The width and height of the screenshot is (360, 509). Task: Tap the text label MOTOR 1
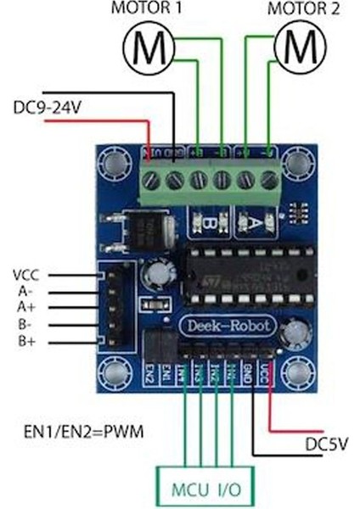[148, 9]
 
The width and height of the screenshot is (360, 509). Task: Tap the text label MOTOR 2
[299, 9]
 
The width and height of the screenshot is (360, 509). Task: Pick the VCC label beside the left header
[26, 275]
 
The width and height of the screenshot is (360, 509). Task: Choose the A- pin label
[24, 291]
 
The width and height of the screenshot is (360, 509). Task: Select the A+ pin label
[25, 307]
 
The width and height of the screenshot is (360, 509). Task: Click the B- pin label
[24, 324]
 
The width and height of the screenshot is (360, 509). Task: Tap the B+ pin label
[25, 341]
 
